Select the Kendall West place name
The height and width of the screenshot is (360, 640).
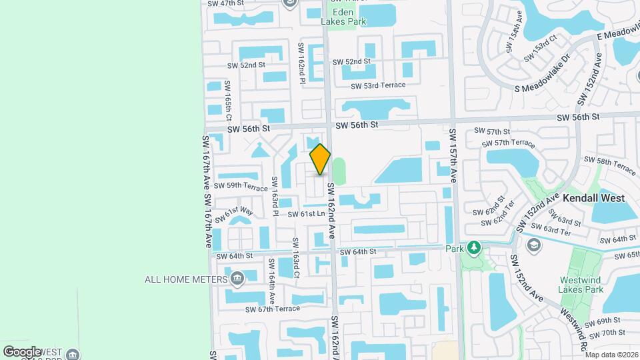pyautogui.click(x=593, y=198)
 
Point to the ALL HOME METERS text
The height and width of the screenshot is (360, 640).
pyautogui.click(x=186, y=279)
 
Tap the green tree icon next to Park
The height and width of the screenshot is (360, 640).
pyautogui.click(x=473, y=249)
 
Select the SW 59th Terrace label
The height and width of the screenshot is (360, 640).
pyautogui.click(x=246, y=186)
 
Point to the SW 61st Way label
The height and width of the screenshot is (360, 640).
pyautogui.click(x=238, y=213)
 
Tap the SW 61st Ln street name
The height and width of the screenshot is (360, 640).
pyautogui.click(x=306, y=214)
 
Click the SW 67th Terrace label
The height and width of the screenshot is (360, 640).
pyautogui.click(x=273, y=309)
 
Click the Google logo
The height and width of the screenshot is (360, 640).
pyautogui.click(x=22, y=351)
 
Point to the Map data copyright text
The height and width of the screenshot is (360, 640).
pyautogui.click(x=612, y=355)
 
